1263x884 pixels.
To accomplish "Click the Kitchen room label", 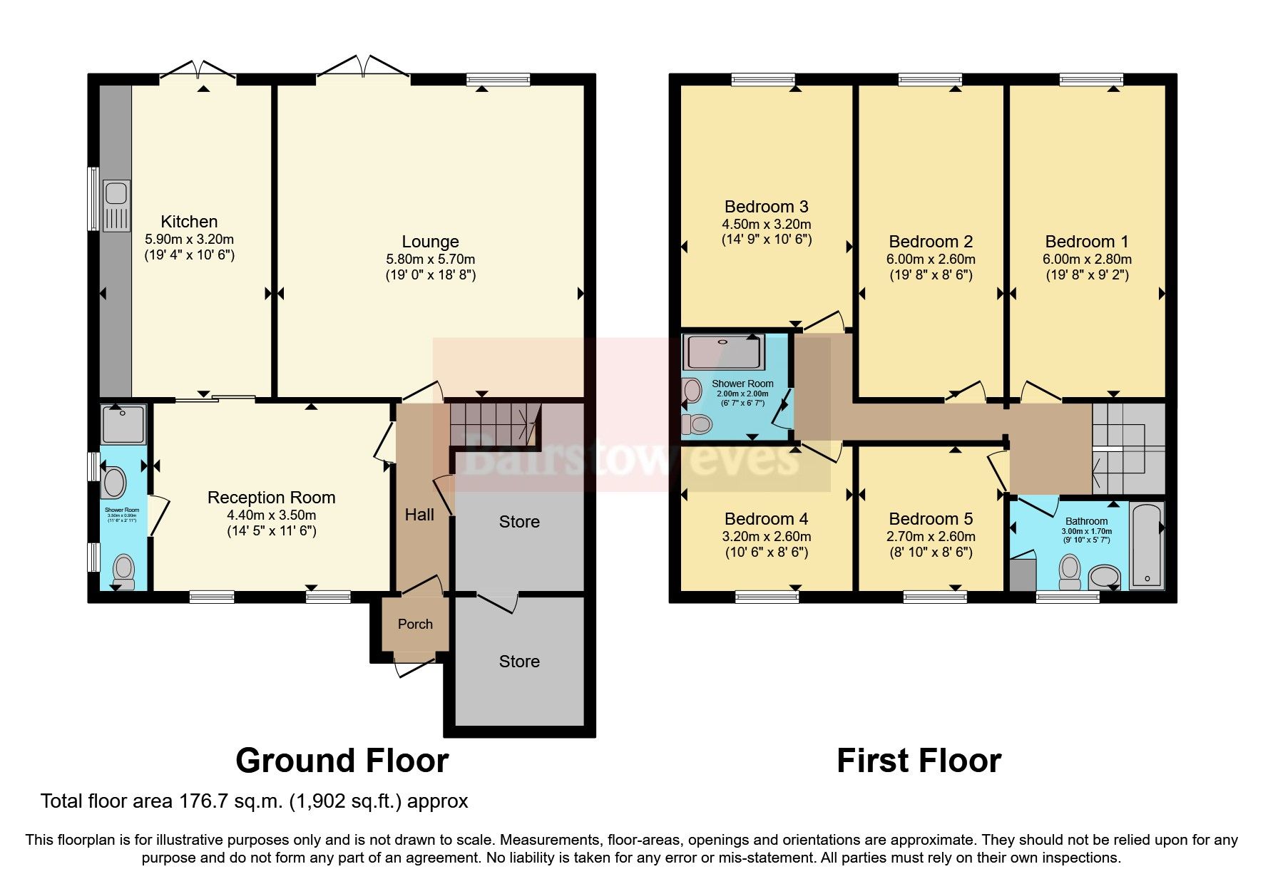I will pyautogui.click(x=189, y=222).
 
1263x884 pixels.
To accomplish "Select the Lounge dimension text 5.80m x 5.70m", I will pyautogui.click(x=430, y=259).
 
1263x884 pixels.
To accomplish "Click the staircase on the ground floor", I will pyautogui.click(x=492, y=424).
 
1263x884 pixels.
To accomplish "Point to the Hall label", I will pyautogui.click(x=419, y=515).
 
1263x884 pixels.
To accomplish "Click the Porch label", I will pyautogui.click(x=415, y=625).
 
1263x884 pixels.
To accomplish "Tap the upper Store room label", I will pyautogui.click(x=519, y=522).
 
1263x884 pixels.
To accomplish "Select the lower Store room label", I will pyautogui.click(x=519, y=662).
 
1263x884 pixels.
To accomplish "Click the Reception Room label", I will pyautogui.click(x=271, y=498).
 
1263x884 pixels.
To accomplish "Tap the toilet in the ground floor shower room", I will pyautogui.click(x=124, y=571).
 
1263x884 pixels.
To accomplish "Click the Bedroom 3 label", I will pyautogui.click(x=766, y=207).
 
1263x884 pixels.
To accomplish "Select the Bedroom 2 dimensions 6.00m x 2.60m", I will pyautogui.click(x=931, y=259).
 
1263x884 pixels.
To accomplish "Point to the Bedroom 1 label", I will pyautogui.click(x=1087, y=242).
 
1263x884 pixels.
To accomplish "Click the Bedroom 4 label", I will pyautogui.click(x=766, y=519).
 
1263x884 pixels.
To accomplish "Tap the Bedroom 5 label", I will pyautogui.click(x=931, y=519).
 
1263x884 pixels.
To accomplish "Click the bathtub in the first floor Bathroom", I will pyautogui.click(x=1146, y=545).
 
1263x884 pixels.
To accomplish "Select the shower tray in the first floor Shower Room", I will pyautogui.click(x=723, y=351).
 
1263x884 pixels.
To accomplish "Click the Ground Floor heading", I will pyautogui.click(x=342, y=761).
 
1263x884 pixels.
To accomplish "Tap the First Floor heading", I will pyautogui.click(x=919, y=761).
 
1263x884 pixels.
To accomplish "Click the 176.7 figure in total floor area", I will pyautogui.click(x=262, y=801).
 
